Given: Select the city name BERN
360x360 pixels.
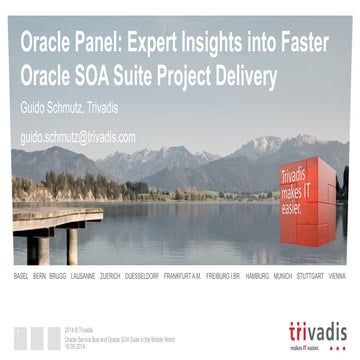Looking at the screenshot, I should tap(40, 273).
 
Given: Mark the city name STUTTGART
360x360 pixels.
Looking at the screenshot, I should tap(311, 273).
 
